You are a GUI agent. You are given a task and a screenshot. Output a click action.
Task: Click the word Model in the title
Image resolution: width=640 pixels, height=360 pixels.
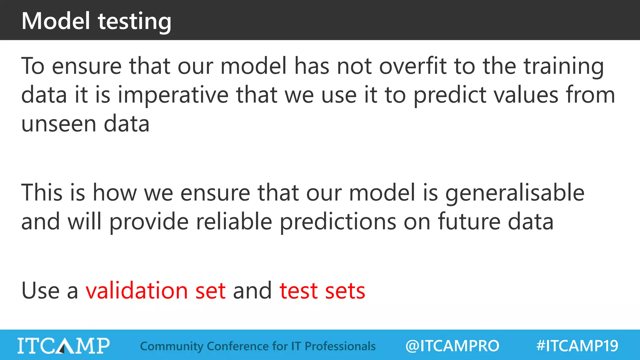pos(56,21)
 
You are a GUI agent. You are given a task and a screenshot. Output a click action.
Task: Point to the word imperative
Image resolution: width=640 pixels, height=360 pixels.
pos(173,95)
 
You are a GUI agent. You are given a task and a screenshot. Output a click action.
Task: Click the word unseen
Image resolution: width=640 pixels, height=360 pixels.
pos(59,124)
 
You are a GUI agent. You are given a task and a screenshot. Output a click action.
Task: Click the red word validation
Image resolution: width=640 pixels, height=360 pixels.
pos(137,291)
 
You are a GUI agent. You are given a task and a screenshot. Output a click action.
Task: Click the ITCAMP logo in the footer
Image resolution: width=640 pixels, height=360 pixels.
pos(63,346)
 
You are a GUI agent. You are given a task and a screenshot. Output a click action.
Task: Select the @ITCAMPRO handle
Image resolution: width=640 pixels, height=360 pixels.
pos(452,346)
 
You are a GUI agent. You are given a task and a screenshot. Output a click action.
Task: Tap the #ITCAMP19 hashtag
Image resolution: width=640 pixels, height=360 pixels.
pos(577,346)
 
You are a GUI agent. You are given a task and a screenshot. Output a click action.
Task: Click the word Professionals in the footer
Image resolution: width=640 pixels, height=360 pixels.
pos(340,346)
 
